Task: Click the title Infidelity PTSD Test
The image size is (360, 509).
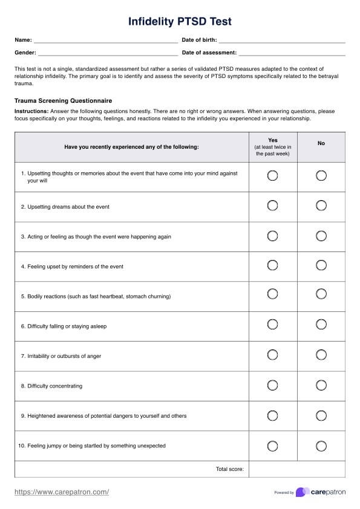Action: [x=180, y=22]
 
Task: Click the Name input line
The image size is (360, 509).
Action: [x=105, y=41]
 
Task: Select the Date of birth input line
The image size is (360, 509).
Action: [x=284, y=41]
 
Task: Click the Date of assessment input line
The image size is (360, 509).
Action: [x=292, y=53]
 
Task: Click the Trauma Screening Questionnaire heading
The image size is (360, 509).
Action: [x=64, y=100]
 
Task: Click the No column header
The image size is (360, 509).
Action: [x=321, y=143]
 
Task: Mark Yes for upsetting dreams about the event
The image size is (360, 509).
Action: [x=272, y=206]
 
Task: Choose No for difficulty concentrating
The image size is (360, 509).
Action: [x=321, y=385]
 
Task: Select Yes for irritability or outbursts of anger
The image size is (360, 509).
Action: [x=272, y=355]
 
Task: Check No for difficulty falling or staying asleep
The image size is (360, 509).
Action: [x=321, y=325]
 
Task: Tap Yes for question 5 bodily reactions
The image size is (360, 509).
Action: [x=272, y=294]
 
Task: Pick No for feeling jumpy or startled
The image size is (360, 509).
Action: [x=321, y=446]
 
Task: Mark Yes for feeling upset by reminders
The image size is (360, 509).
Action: [x=272, y=265]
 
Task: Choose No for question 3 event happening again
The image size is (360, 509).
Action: [x=321, y=235]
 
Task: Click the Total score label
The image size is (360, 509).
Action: [x=229, y=469]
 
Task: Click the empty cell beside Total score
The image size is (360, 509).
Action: [x=296, y=469]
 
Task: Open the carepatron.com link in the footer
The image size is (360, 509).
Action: [x=62, y=492]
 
